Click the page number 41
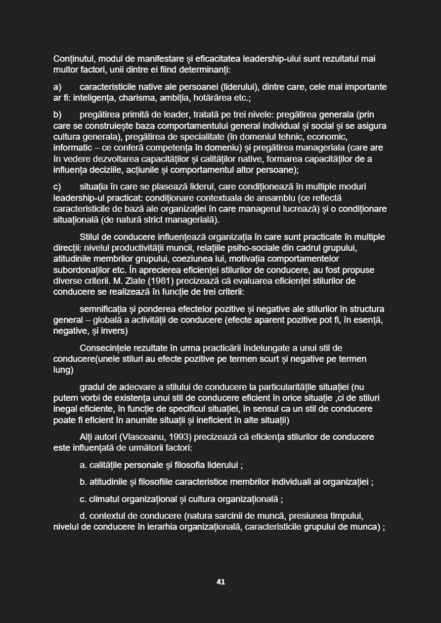(220, 582)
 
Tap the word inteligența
(93, 98)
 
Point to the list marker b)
(58, 115)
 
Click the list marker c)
(57, 187)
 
